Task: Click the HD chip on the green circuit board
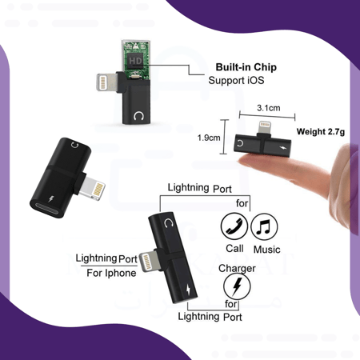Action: [135, 61]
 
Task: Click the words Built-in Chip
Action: [246, 67]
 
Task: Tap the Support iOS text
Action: [236, 80]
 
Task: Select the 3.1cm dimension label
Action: [269, 108]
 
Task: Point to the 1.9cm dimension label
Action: [209, 138]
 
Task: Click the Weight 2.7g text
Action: [321, 131]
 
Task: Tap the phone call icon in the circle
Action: [234, 226]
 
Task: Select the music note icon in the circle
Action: [264, 226]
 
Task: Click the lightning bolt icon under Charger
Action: [237, 286]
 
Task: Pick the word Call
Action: [234, 248]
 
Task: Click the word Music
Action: [266, 250]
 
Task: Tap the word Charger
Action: [237, 268]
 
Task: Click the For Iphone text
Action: [111, 273]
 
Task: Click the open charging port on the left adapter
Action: [47, 210]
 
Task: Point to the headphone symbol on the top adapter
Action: [138, 116]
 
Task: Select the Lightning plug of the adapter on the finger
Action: [266, 128]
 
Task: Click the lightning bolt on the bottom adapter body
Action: [188, 290]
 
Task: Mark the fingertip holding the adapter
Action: [246, 161]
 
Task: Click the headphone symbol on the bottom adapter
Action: [168, 222]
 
